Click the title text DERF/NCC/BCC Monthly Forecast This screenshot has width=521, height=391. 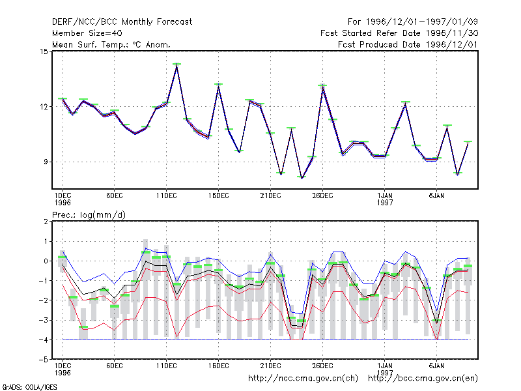tap(122, 22)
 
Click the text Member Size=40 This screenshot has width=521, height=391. tap(87, 33)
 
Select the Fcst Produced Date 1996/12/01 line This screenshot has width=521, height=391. tap(408, 44)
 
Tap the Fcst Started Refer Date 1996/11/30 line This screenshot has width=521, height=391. tap(399, 33)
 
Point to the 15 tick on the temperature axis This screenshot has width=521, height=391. tap(44, 51)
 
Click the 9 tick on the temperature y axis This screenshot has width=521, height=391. tap(46, 162)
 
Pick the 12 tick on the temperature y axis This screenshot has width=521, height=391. tap(44, 107)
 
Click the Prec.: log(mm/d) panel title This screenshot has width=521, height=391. tap(89, 215)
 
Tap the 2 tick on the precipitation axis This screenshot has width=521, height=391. tap(46, 222)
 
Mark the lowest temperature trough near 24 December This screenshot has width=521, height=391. tap(302, 178)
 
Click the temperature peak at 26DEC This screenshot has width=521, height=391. tap(322, 87)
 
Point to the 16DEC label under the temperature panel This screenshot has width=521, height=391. tap(219, 196)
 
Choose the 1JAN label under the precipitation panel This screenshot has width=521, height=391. tap(385, 366)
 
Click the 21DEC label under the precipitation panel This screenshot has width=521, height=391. tap(270, 366)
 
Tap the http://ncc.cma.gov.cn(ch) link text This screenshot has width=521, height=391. tap(303, 379)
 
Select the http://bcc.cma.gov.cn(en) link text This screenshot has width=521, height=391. tap(423, 379)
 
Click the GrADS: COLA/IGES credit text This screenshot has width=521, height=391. tap(29, 387)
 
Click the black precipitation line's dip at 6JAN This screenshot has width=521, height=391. tap(436, 323)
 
